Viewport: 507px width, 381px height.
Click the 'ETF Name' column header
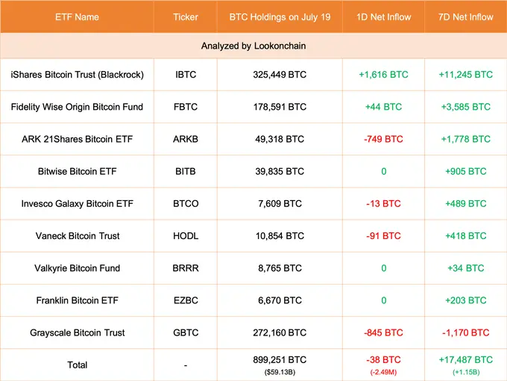[x=77, y=16]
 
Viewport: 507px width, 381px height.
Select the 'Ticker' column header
[x=186, y=16]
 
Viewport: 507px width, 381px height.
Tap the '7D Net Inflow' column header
[x=465, y=16]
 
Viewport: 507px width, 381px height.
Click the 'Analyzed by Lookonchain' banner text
[x=253, y=46]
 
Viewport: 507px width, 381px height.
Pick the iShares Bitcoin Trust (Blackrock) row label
[x=78, y=75]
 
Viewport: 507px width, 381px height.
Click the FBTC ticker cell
[x=186, y=107]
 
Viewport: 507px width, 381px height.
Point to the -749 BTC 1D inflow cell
[x=383, y=139]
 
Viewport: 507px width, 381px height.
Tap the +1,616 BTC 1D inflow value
[x=383, y=75]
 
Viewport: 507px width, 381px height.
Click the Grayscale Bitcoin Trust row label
[x=78, y=332]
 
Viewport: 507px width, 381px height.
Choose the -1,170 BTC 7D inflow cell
[x=465, y=332]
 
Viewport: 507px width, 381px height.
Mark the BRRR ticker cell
[x=186, y=268]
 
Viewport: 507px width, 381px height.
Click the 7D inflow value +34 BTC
[x=465, y=268]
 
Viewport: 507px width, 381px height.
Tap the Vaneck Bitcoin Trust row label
[x=78, y=236]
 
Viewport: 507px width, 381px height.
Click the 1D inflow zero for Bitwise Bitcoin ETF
[x=383, y=171]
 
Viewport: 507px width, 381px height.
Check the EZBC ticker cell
[x=186, y=300]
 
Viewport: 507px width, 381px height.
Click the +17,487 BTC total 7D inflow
[x=465, y=359]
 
